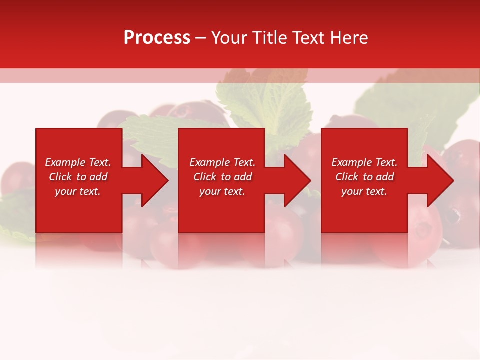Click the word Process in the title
(157, 37)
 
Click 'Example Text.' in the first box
(78, 162)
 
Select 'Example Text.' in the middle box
(222, 162)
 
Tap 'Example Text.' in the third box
(364, 162)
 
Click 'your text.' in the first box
(78, 191)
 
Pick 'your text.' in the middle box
(222, 191)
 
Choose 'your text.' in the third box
(364, 191)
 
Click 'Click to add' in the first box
(78, 177)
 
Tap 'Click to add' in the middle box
(222, 177)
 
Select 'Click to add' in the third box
(364, 177)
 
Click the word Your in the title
(228, 37)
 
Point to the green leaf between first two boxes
(150, 135)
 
